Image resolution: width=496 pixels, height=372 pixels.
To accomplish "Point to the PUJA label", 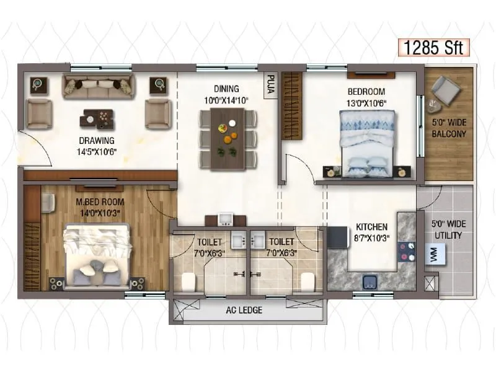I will tap(270, 84).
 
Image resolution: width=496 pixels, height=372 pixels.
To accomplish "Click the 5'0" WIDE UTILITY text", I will tap(449, 228).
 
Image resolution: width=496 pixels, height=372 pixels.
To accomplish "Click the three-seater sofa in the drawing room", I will tap(97, 86).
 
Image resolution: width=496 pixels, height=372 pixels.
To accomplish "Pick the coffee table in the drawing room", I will tap(97, 117).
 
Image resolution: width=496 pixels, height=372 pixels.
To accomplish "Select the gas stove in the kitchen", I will tap(406, 249).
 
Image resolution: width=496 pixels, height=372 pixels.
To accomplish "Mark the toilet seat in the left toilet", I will tap(188, 281).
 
